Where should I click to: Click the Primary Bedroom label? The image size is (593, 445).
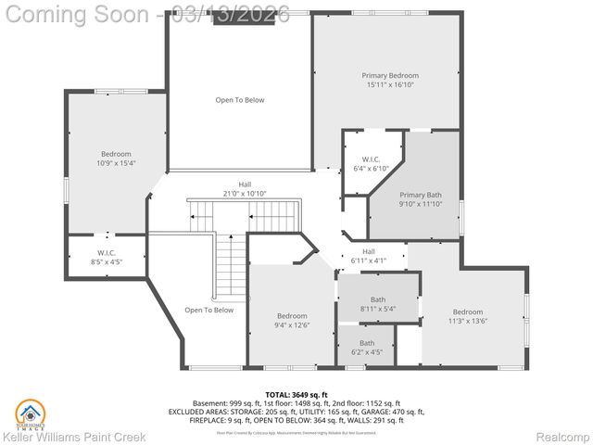389,75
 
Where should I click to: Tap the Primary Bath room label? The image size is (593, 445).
420,195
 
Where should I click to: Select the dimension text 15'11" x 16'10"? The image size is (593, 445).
389,85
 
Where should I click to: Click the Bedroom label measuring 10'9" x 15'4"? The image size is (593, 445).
116,154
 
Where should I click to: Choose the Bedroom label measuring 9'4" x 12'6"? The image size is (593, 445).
291,316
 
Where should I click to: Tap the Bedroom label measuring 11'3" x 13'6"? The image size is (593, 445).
467,312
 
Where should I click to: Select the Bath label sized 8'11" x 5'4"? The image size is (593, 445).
378,299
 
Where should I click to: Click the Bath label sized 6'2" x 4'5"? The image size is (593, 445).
367,343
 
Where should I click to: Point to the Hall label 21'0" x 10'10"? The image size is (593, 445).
245,184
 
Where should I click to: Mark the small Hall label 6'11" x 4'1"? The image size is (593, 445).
369,251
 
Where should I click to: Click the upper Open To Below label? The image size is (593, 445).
240,100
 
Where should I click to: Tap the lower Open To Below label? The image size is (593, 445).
208,310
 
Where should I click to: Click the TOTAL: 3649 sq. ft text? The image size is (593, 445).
296,394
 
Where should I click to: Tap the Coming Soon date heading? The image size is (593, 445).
148,14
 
